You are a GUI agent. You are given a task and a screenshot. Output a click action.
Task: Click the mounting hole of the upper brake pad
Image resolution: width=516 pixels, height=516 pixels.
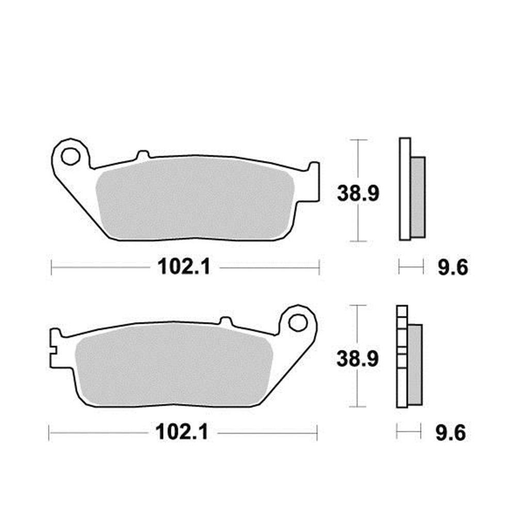tap(71, 156)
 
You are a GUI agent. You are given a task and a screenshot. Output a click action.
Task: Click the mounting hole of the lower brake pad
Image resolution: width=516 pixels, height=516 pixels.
tap(298, 322)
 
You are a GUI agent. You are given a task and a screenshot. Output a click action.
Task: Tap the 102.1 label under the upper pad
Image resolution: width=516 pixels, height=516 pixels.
tap(184, 267)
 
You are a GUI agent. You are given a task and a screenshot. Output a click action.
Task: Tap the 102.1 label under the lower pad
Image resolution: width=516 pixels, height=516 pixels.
tap(182, 432)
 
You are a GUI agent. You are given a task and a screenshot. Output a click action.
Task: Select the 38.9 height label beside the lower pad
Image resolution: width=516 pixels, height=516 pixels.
tap(358, 359)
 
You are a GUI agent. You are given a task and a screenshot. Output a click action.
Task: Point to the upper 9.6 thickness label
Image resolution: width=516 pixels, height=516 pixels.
tap(453, 267)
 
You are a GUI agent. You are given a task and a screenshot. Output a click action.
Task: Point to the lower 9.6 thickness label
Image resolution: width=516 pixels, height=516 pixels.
tap(451, 432)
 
